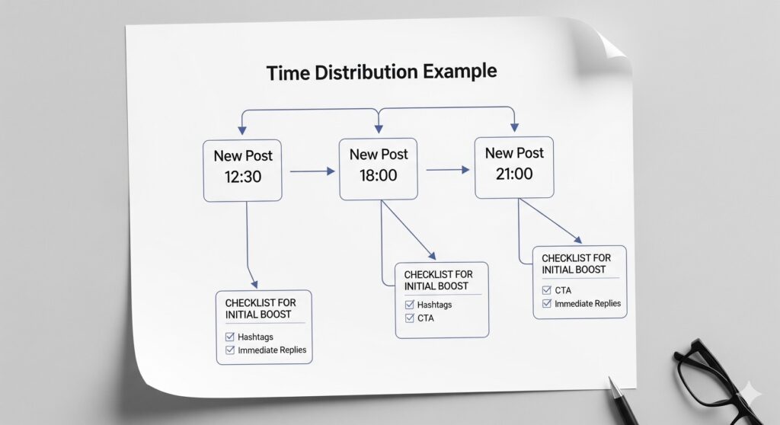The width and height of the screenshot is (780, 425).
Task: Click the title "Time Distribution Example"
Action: tap(381, 73)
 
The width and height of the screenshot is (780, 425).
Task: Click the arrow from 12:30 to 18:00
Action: tap(312, 171)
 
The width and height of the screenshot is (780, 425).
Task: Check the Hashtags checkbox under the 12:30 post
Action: tap(230, 336)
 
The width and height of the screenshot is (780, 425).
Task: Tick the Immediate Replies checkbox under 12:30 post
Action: tap(230, 350)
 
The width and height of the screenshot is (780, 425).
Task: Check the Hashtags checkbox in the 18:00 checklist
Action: tap(409, 305)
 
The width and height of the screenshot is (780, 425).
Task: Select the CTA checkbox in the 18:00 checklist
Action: tap(409, 318)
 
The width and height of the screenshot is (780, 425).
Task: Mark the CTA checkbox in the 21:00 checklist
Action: tap(546, 289)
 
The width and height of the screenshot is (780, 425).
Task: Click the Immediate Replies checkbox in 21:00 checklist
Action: tap(546, 303)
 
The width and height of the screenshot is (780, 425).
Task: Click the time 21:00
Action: tap(514, 173)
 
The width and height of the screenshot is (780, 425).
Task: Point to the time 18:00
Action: tap(379, 174)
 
